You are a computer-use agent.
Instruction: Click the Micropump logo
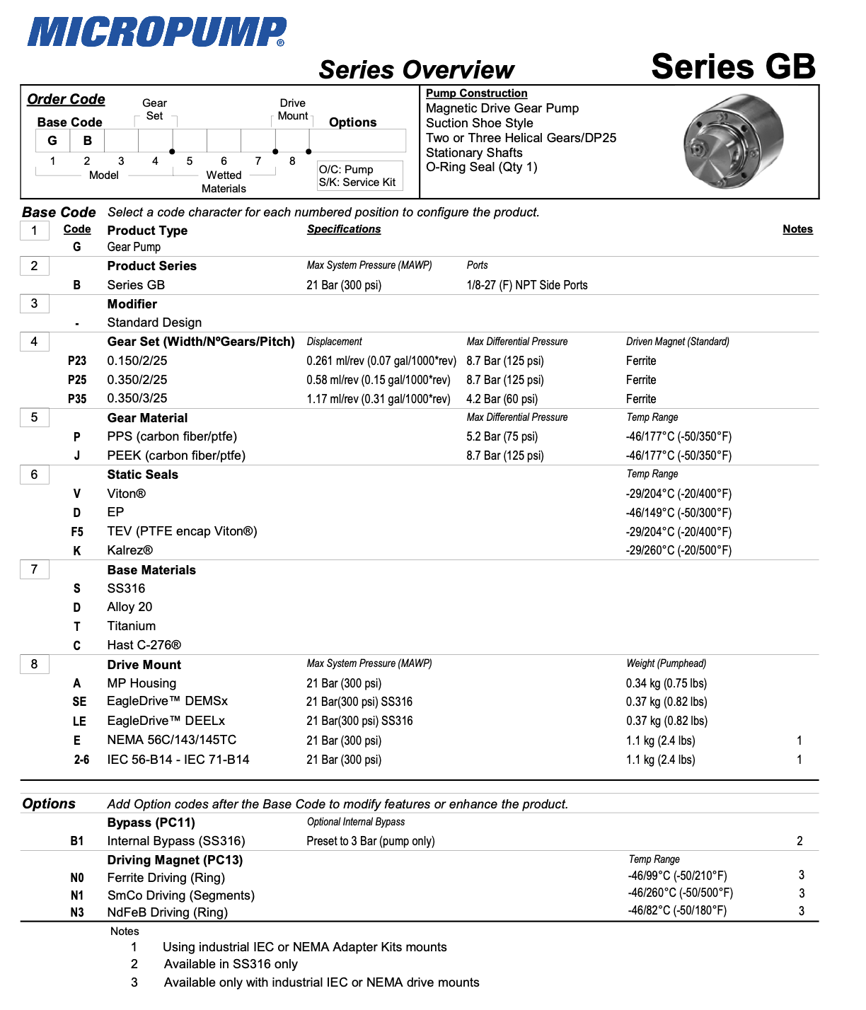click(x=156, y=32)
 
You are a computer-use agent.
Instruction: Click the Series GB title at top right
click(x=733, y=66)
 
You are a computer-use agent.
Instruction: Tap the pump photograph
click(x=733, y=141)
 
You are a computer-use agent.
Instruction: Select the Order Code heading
click(x=66, y=100)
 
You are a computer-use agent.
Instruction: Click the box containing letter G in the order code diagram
click(x=52, y=141)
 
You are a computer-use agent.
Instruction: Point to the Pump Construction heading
click(x=476, y=93)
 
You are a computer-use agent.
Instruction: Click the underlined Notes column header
click(x=797, y=229)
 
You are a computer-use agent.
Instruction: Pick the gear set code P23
click(x=77, y=361)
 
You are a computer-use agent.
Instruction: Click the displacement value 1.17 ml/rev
click(x=378, y=399)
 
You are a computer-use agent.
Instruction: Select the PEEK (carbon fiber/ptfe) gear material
click(x=176, y=455)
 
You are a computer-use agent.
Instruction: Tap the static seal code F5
click(x=77, y=532)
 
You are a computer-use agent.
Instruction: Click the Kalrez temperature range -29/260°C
click(x=679, y=550)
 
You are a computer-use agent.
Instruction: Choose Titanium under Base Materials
click(x=132, y=626)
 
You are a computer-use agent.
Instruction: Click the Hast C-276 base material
click(x=144, y=645)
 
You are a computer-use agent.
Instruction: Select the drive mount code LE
click(x=79, y=721)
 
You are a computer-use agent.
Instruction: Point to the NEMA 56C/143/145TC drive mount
click(x=172, y=740)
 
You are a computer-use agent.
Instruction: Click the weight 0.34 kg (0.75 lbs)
click(x=666, y=683)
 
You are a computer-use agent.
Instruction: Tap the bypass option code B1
click(x=77, y=841)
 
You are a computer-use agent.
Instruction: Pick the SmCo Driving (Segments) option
click(x=180, y=895)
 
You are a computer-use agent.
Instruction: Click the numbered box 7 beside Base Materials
click(x=34, y=569)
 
